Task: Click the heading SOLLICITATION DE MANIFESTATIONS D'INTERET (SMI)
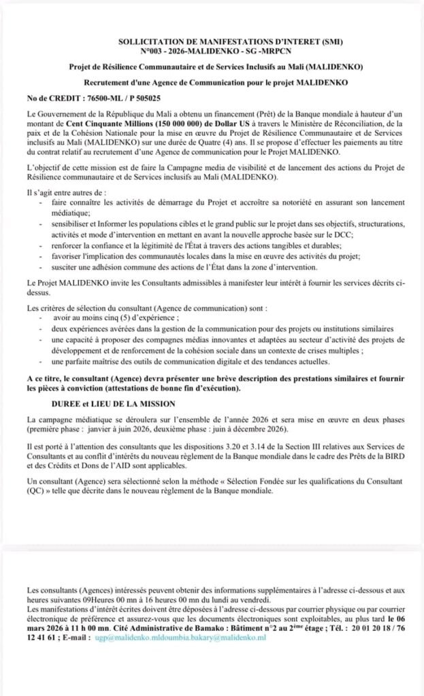tap(212, 42)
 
